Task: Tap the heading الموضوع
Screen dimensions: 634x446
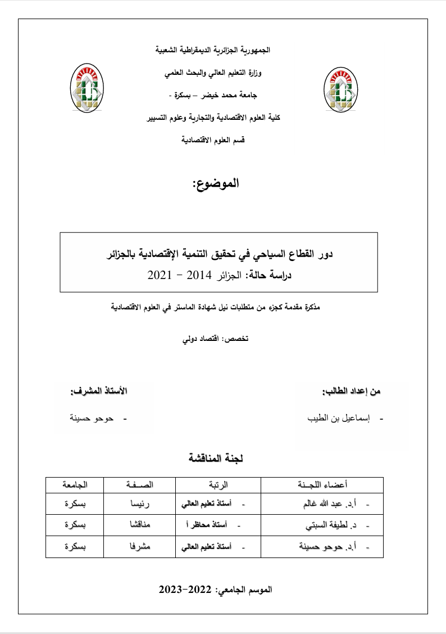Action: tap(216, 184)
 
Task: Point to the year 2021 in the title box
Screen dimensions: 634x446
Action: tap(160, 275)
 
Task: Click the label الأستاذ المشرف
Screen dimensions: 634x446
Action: tap(98, 391)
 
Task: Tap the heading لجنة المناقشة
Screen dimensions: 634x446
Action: tap(215, 458)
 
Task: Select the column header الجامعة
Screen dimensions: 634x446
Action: tap(75, 484)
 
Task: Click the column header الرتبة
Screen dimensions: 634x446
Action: tap(219, 484)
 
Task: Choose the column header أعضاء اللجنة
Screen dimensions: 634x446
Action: tap(322, 484)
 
